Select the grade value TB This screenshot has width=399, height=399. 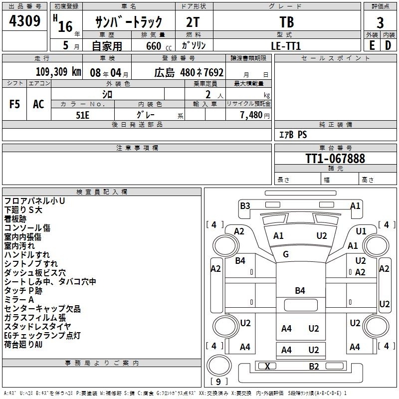point(286,22)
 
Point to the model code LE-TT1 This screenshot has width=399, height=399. point(286,45)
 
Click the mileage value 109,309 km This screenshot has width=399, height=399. point(58,72)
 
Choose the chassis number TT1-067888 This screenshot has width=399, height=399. point(335,159)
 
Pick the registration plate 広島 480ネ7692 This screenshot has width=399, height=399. point(189,72)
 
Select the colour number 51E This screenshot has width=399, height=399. point(83,114)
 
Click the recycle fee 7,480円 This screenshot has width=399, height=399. point(255,115)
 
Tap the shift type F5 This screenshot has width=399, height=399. point(15,104)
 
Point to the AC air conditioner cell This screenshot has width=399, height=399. point(38,104)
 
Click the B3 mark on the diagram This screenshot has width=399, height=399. point(245,205)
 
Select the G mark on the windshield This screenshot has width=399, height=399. point(286,254)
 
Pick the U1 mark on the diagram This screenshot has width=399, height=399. point(361,231)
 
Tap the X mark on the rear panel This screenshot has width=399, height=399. point(267,366)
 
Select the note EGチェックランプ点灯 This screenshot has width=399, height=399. point(42,335)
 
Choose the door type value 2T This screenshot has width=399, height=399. point(194,22)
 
